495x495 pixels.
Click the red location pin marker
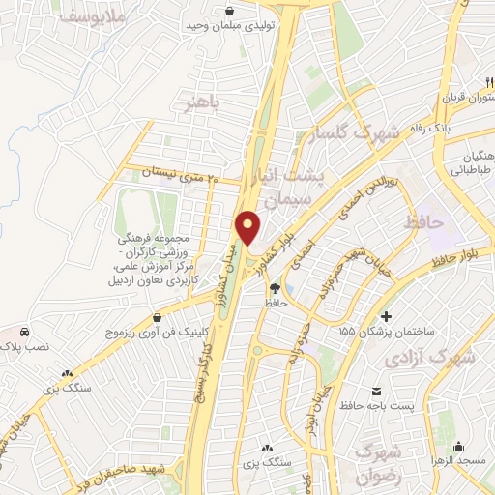tap(247, 227)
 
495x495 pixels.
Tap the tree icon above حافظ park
tap(275, 288)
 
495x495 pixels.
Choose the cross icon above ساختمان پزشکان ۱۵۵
tap(387, 316)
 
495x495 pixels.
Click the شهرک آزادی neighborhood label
tap(430, 358)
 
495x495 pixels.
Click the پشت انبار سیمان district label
tap(289, 189)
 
